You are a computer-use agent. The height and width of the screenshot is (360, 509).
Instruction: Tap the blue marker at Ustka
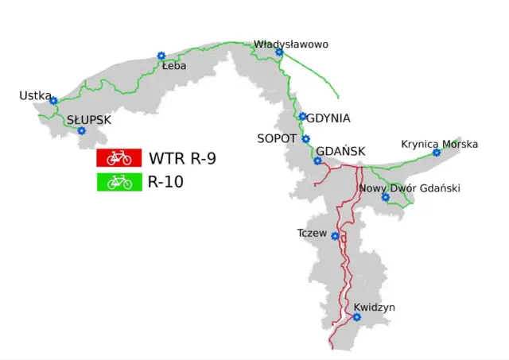[x=53, y=101]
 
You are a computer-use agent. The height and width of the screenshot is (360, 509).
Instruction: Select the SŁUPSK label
[x=89, y=120]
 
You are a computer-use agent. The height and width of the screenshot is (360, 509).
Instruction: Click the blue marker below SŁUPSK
[x=81, y=131]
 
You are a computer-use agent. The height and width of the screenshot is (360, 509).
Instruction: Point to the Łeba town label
[x=173, y=67]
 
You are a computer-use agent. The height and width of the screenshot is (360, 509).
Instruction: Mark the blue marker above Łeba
[x=161, y=56]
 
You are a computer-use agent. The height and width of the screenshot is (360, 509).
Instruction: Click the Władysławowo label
[x=290, y=45]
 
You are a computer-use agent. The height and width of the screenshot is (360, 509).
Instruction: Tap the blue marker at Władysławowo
[x=279, y=52]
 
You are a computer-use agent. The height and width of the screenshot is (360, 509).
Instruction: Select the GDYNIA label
[x=328, y=118]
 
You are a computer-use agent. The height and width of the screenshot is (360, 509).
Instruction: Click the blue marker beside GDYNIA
[x=303, y=117]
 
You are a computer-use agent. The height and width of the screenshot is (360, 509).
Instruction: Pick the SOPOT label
[x=277, y=138]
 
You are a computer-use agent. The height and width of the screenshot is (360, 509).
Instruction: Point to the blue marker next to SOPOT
[x=306, y=139]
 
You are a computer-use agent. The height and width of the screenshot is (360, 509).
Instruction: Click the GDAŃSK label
[x=340, y=151]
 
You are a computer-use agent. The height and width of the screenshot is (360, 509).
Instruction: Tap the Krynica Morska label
[x=440, y=144]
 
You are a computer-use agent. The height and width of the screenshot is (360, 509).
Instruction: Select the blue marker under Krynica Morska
[x=436, y=153]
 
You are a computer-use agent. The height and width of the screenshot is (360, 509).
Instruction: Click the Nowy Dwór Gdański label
[x=410, y=188]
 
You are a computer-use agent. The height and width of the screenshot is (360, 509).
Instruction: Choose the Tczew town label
[x=312, y=233]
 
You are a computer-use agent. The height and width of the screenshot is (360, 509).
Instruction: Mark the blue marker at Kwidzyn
[x=356, y=318]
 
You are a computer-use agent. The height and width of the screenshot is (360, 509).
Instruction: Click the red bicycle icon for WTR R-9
[x=119, y=157]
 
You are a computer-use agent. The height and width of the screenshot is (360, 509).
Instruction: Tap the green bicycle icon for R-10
[x=119, y=182]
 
